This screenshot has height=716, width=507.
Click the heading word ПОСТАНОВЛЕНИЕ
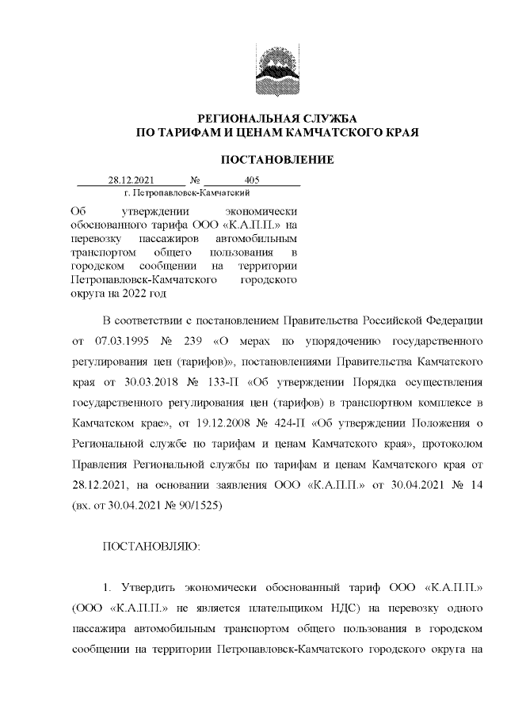[276, 160]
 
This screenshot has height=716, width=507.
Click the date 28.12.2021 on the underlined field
[130, 180]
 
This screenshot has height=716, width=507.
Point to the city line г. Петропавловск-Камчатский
[188, 192]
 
